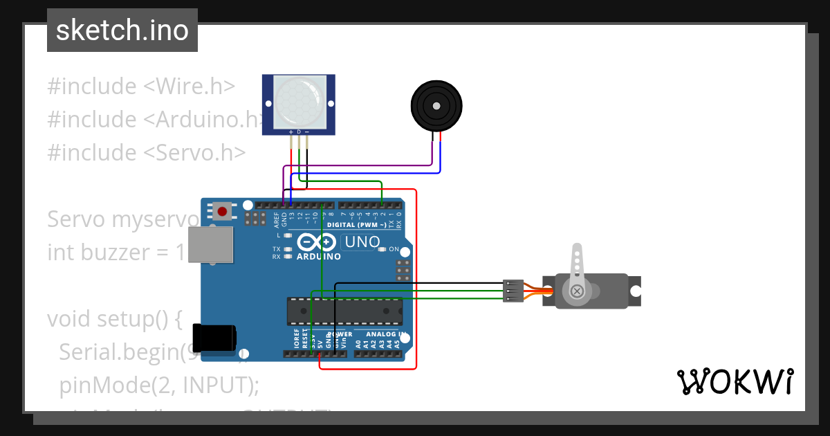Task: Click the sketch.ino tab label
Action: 122,30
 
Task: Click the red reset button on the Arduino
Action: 222,211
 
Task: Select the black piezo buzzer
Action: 436,106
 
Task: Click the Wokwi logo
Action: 735,381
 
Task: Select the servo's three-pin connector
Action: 513,290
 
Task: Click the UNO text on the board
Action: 363,242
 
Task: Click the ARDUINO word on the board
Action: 319,257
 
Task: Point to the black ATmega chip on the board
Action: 344,311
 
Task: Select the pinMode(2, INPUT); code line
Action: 158,385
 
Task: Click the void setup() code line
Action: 114,319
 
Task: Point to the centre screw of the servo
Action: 576,292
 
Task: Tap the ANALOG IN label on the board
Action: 379,334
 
